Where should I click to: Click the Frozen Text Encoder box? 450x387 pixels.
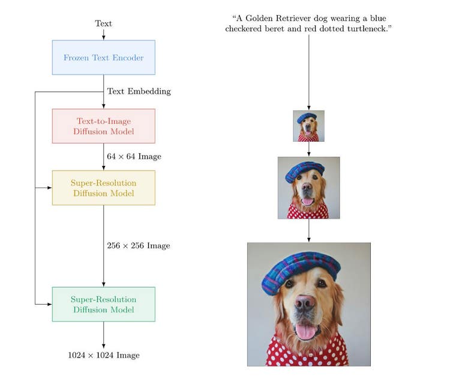pos(103,58)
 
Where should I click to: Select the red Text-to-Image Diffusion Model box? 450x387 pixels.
pos(103,126)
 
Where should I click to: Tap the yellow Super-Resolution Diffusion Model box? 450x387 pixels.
pos(103,187)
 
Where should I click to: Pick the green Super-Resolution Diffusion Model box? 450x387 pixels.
pos(103,304)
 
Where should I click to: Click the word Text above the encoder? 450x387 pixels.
pos(103,23)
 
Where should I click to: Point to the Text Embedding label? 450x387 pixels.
pos(139,91)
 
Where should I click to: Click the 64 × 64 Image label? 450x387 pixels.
pos(134,156)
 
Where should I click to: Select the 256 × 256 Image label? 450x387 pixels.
pos(138,246)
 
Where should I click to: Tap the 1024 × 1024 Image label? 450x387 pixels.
pos(103,355)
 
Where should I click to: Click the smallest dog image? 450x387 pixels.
pos(308,126)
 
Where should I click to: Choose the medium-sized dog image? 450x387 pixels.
pos(308,187)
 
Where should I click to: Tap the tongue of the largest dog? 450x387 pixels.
pos(305,331)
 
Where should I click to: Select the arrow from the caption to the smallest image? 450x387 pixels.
pos(308,72)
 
